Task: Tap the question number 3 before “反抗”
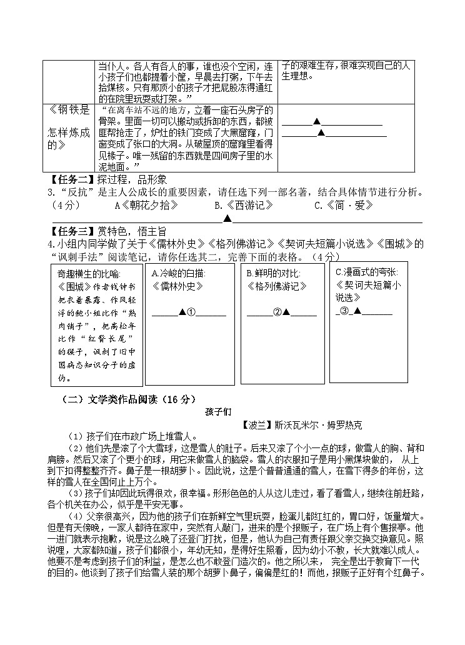47,192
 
